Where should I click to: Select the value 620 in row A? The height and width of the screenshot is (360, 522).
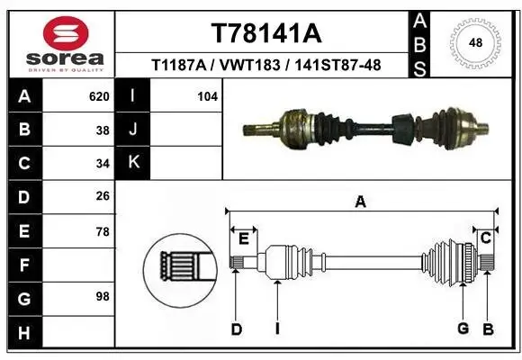pyautogui.click(x=100, y=95)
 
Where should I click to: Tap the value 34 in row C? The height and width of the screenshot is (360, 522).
pyautogui.click(x=103, y=163)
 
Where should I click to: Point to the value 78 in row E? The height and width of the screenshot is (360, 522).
pyautogui.click(x=103, y=231)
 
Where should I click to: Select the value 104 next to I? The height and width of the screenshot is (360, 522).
pyautogui.click(x=207, y=95)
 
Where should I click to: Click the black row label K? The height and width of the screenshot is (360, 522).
pyautogui.click(x=134, y=163)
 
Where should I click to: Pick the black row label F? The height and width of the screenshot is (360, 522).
pyautogui.click(x=23, y=265)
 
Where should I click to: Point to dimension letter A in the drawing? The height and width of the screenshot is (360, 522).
pyautogui.click(x=360, y=202)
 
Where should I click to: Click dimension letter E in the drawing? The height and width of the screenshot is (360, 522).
pyautogui.click(x=243, y=238)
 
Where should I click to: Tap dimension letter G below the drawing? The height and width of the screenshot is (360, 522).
pyautogui.click(x=463, y=328)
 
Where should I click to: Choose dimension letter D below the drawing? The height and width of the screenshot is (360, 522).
pyautogui.click(x=236, y=328)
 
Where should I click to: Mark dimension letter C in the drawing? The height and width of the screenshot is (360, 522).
pyautogui.click(x=484, y=238)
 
